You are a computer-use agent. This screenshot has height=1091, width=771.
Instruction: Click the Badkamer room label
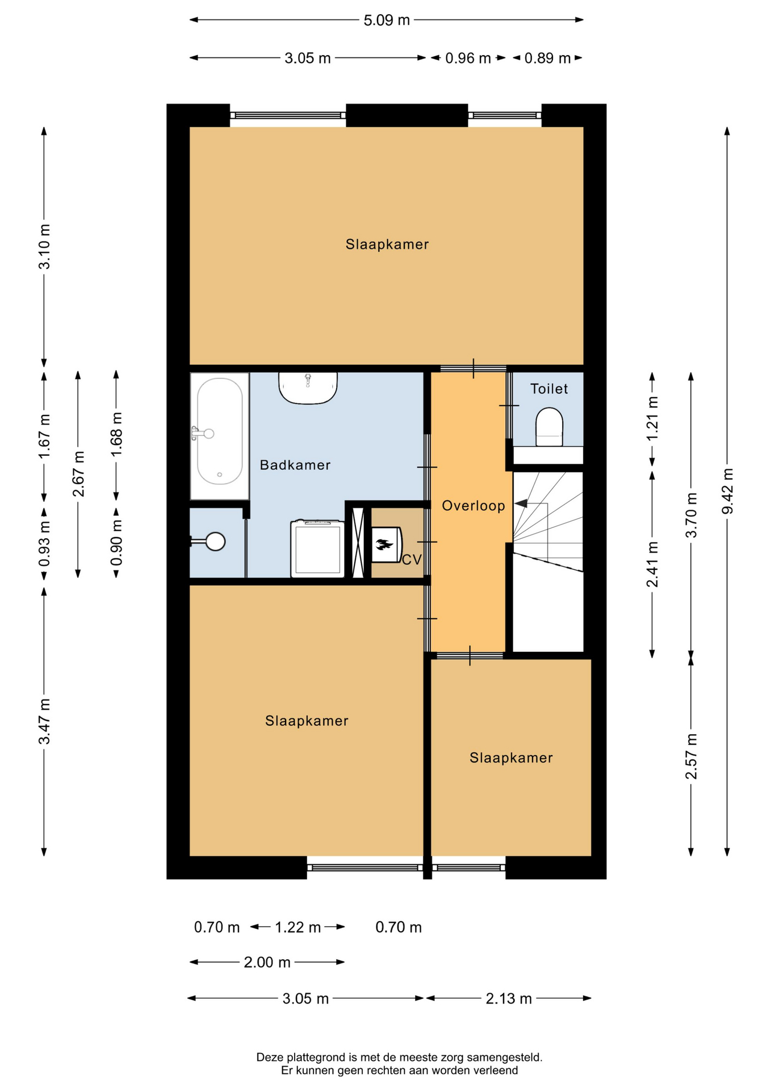pyautogui.click(x=295, y=465)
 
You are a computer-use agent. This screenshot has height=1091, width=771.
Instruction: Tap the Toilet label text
pyautogui.click(x=548, y=389)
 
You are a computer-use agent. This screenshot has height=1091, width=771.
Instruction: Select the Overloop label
pyautogui.click(x=474, y=506)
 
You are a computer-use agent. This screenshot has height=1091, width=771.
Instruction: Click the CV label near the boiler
pyautogui.click(x=412, y=560)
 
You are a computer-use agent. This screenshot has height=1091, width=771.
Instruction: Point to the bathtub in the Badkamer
pyautogui.click(x=220, y=436)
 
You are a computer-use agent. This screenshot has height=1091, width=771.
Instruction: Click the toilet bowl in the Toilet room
pyautogui.click(x=549, y=427)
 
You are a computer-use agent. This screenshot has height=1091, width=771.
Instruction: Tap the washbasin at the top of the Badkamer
pyautogui.click(x=308, y=388)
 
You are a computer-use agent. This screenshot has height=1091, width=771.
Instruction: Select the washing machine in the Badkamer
pyautogui.click(x=318, y=548)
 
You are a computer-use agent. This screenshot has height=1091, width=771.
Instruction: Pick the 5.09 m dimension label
pyautogui.click(x=387, y=20)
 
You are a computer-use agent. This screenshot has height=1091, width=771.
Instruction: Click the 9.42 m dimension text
pyautogui.click(x=727, y=491)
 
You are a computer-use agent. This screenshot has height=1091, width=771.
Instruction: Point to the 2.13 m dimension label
pyautogui.click(x=509, y=998)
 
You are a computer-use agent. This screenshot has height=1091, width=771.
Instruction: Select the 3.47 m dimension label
pyautogui.click(x=44, y=721)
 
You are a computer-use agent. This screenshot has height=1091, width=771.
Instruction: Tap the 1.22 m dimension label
pyautogui.click(x=298, y=927)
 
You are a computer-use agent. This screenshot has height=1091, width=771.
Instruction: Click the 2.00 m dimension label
pyautogui.click(x=267, y=962)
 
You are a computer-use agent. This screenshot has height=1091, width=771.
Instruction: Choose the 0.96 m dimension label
pyautogui.click(x=468, y=58)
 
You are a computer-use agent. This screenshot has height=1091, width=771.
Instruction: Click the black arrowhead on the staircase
pyautogui.click(x=521, y=503)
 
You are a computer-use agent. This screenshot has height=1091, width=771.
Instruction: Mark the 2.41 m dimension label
pyautogui.click(x=652, y=564)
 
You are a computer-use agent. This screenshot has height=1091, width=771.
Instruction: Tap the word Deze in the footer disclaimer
pyautogui.click(x=270, y=1057)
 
